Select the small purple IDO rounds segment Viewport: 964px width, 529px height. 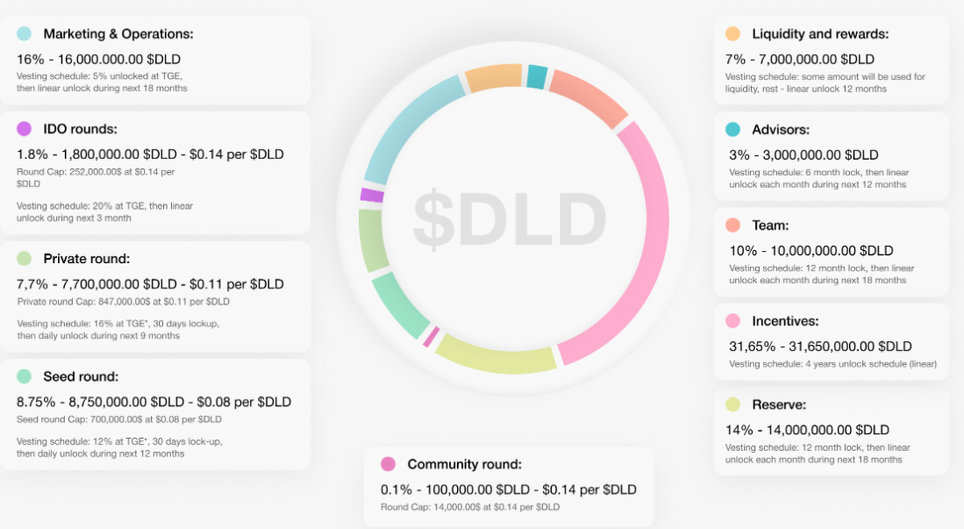click(372, 195)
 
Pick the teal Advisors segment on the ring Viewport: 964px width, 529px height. click(537, 77)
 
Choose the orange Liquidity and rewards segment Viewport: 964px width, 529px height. click(493, 76)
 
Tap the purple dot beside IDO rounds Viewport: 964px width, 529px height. click(24, 129)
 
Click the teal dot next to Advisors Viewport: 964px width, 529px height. click(732, 129)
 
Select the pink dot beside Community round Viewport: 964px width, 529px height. click(388, 464)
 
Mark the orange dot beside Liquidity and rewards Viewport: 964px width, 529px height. click(732, 34)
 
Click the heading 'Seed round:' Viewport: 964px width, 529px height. click(80, 376)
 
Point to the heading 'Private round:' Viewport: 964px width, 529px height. click(86, 259)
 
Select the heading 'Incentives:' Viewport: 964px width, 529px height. click(785, 321)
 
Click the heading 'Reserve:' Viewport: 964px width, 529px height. click(778, 404)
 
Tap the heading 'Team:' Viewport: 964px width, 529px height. click(770, 225)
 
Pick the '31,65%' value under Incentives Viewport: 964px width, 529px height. click(751, 347)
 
